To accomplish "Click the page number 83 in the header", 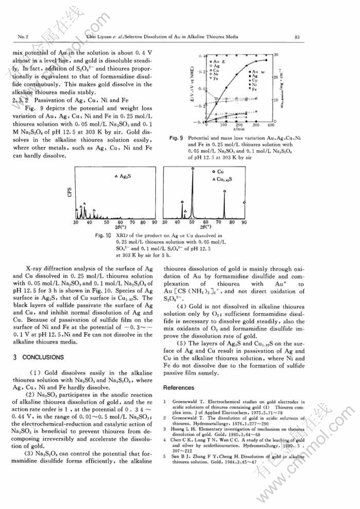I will tap(298, 37).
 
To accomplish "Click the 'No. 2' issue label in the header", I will tap(23, 37).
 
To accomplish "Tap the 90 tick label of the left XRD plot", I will tap(155, 222).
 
